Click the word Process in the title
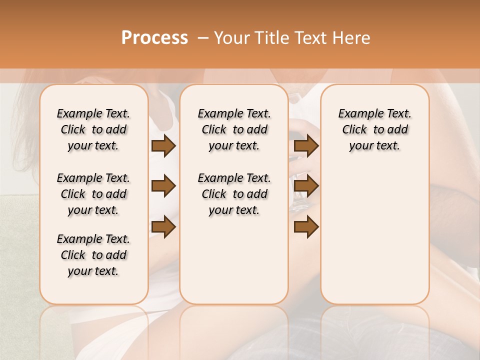[x=154, y=38]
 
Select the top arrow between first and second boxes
[x=163, y=146]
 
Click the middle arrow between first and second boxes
[x=163, y=186]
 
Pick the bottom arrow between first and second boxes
[x=163, y=227]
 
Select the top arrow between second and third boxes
[x=306, y=146]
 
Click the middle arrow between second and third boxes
[x=306, y=186]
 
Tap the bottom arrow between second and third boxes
[x=306, y=227]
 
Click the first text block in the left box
[x=93, y=129]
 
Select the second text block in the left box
[x=93, y=194]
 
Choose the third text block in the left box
[x=93, y=255]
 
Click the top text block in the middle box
[x=234, y=129]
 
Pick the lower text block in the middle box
[x=234, y=194]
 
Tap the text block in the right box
[x=374, y=129]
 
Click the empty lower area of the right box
[x=374, y=235]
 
